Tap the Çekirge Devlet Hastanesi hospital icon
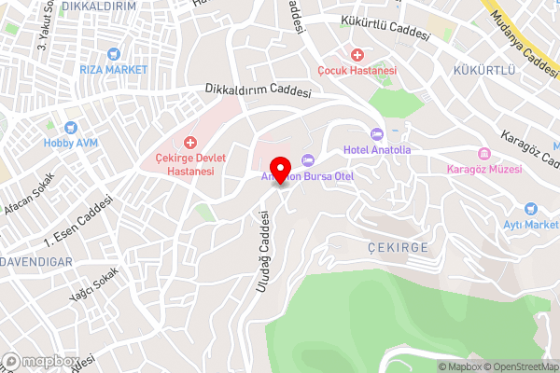pos(190,143)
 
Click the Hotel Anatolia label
pos(376,149)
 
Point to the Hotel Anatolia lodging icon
pos(376,134)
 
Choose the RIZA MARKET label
pos(114,70)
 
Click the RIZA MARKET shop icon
pos(114,54)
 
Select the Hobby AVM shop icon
pos(70,128)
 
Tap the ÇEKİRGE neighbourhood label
pos(398,246)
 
